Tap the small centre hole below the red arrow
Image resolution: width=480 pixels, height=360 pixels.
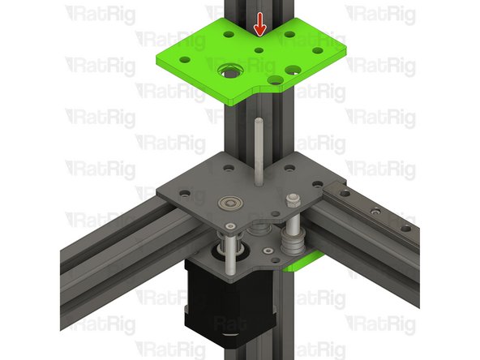(259, 50)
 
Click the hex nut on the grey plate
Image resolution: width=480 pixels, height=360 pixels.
(289, 199)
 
